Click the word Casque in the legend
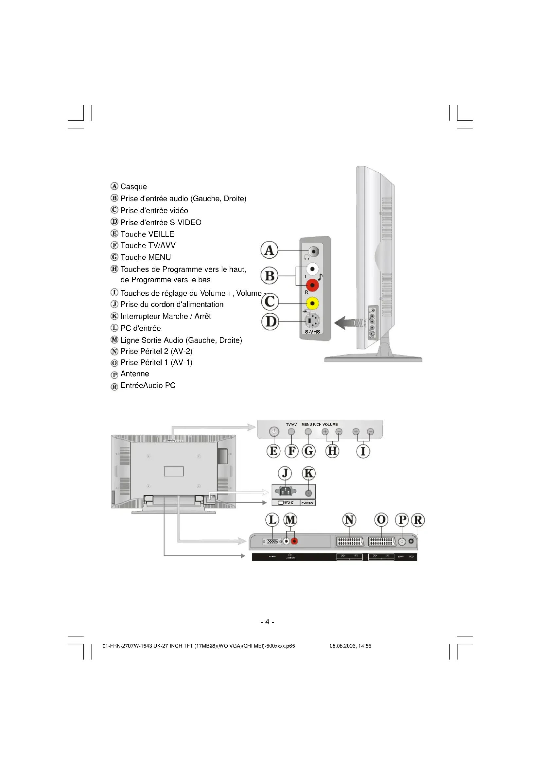[x=133, y=186]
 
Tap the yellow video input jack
[x=312, y=303]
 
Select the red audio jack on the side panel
[x=312, y=285]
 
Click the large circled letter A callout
[x=269, y=250]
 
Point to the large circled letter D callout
[x=270, y=322]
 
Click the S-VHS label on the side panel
[x=312, y=332]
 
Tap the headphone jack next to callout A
[x=313, y=251]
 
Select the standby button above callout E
[x=274, y=432]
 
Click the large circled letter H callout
[x=332, y=451]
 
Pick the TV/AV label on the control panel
[x=291, y=425]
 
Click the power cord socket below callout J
[x=285, y=491]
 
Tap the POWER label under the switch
[x=307, y=503]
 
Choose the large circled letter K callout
[x=308, y=473]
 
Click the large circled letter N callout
[x=349, y=520]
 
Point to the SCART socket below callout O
[x=382, y=541]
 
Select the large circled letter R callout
[x=418, y=520]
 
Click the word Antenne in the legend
[x=134, y=374]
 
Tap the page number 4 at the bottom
[x=267, y=622]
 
